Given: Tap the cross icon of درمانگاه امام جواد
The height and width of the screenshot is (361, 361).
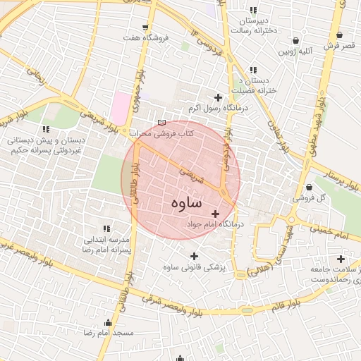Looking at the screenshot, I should (x=216, y=213).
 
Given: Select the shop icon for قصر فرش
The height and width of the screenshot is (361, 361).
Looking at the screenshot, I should (x=340, y=35).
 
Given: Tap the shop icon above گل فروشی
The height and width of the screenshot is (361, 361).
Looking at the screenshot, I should (x=311, y=187).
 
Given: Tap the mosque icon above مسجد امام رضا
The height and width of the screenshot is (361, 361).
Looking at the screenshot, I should (x=108, y=322).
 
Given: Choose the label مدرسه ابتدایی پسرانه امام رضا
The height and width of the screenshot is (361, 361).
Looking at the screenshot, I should (x=106, y=245).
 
